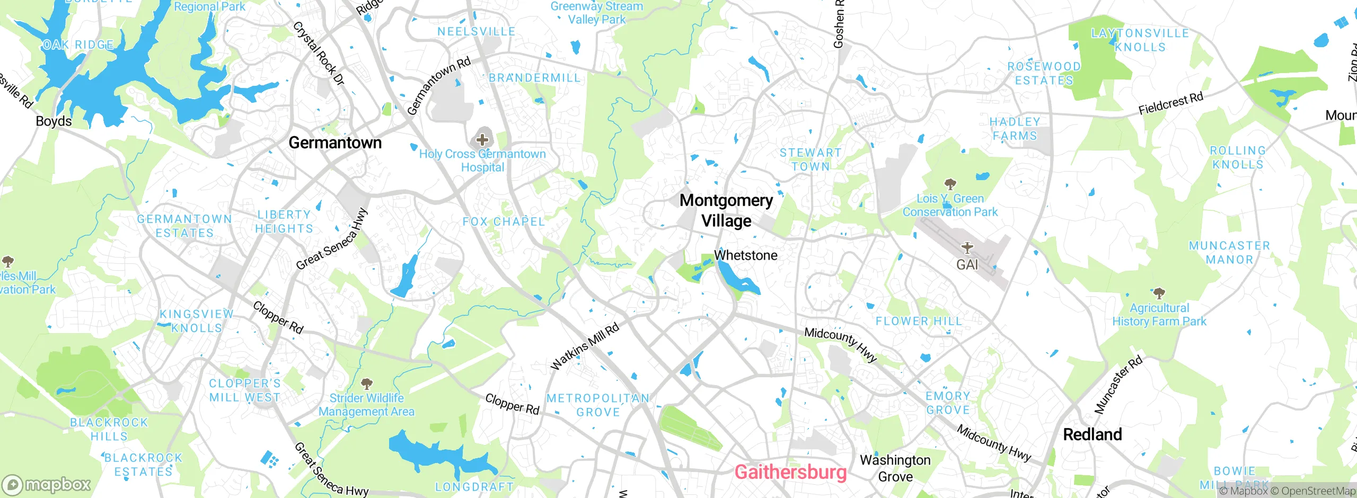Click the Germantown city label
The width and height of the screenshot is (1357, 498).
click(335, 143)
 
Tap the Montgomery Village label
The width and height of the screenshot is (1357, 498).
click(726, 210)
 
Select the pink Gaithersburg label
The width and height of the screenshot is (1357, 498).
click(790, 472)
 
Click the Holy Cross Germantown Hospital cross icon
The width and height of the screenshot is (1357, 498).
click(482, 140)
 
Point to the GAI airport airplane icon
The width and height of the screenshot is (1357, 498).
click(967, 247)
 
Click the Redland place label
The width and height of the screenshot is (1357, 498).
click(1092, 434)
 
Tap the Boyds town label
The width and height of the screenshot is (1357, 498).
click(54, 121)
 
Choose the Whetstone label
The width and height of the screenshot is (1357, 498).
click(746, 255)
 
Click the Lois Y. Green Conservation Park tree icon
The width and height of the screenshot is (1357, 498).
click(950, 184)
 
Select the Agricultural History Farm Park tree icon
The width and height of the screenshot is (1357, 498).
click(1159, 293)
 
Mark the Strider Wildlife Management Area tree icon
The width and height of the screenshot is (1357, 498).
click(366, 383)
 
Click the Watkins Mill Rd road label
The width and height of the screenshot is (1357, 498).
click(585, 347)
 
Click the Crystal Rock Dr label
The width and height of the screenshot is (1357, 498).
click(319, 53)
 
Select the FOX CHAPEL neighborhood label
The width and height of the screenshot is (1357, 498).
click(504, 221)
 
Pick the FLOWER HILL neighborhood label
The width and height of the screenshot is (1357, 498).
click(919, 321)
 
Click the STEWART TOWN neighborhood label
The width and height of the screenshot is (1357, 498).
click(810, 159)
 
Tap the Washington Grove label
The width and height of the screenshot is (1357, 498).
click(895, 468)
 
